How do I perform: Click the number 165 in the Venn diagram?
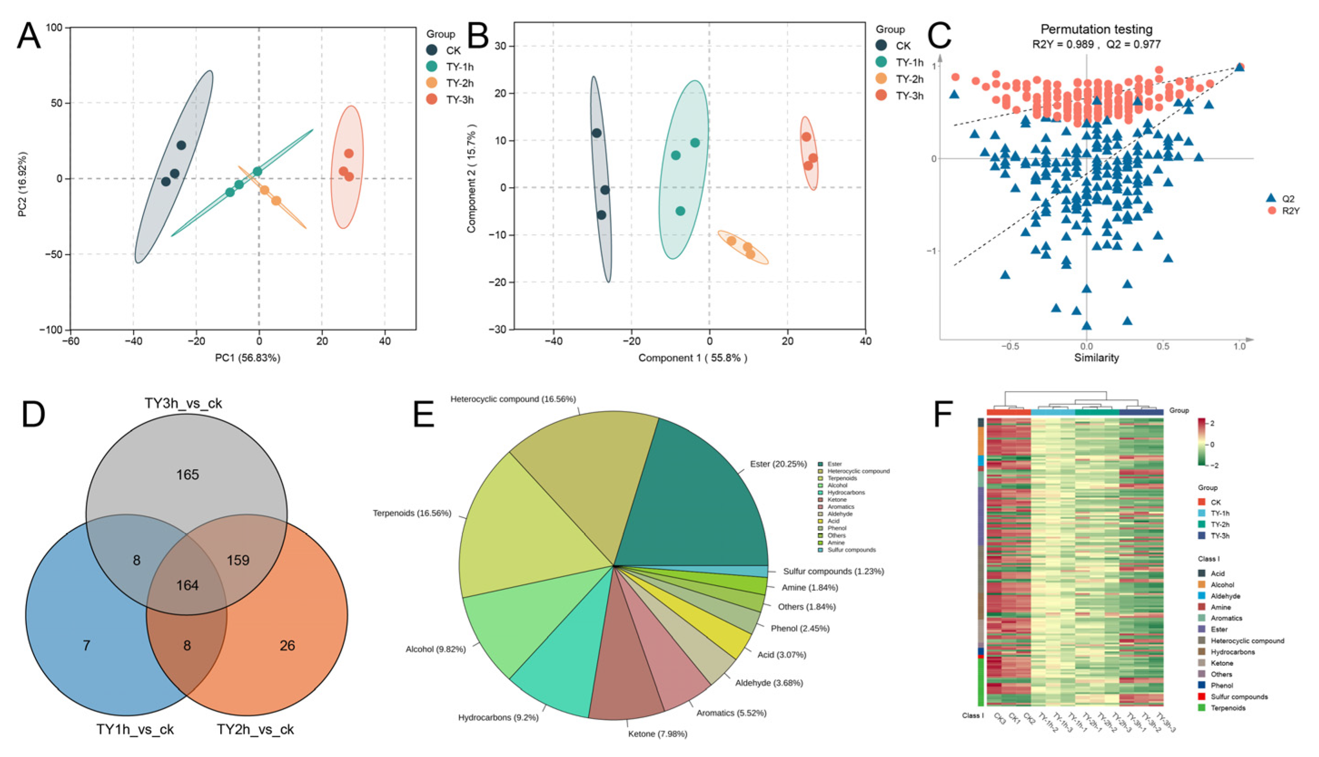click(x=188, y=475)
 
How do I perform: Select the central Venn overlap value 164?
click(x=188, y=585)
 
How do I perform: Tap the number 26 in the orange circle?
click(x=287, y=646)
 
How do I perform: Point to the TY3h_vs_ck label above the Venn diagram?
click(x=183, y=403)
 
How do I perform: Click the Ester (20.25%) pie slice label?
click(x=778, y=464)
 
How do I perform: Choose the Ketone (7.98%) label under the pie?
click(x=657, y=733)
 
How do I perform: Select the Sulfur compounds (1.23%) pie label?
click(x=833, y=571)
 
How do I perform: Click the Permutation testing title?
click(x=1096, y=30)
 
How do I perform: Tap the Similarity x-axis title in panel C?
click(x=1097, y=358)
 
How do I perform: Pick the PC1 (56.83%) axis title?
click(x=248, y=358)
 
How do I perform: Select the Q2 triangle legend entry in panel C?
click(x=1280, y=198)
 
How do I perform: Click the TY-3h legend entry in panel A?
click(x=459, y=99)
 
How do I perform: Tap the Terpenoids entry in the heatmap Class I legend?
click(x=1228, y=708)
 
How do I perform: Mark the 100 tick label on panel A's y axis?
click(x=54, y=28)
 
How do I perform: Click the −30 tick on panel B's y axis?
click(x=498, y=329)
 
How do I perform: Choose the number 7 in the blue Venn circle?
click(x=87, y=646)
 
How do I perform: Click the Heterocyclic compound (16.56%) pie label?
click(x=513, y=399)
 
